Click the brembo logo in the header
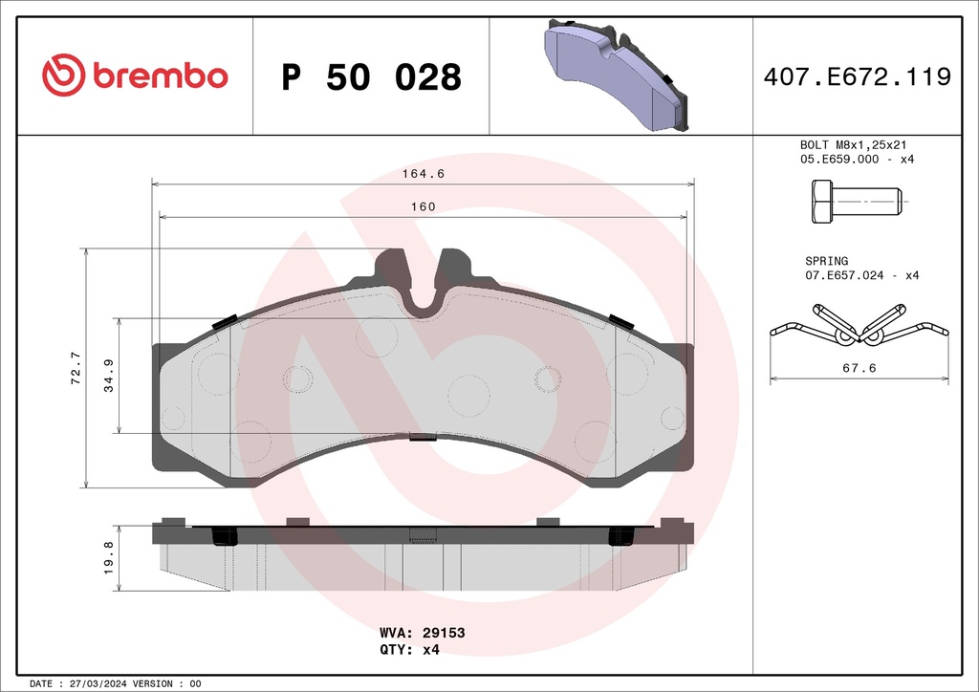(135, 75)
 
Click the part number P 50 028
(372, 76)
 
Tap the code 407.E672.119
(858, 76)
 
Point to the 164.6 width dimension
(424, 173)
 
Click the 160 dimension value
(424, 206)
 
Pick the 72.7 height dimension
(76, 368)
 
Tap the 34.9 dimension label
(109, 376)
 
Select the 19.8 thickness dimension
(109, 557)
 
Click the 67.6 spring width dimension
(859, 368)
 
